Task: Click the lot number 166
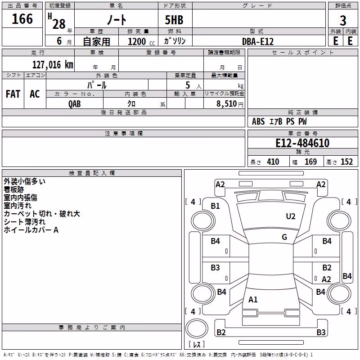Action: click(22, 19)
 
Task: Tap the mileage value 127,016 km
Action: click(53, 65)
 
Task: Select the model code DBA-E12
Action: click(258, 41)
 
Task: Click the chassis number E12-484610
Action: click(302, 143)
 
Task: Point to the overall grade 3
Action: click(343, 21)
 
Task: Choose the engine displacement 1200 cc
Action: click(141, 41)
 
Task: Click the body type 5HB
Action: click(174, 20)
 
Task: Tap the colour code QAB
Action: click(74, 104)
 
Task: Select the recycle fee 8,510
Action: click(227, 103)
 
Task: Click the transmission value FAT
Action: click(13, 94)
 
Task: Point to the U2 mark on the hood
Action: click(291, 216)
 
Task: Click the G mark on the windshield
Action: click(284, 237)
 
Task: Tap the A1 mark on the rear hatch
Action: click(253, 299)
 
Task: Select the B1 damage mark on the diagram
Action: click(215, 206)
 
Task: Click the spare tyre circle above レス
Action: click(197, 328)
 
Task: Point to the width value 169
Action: click(310, 162)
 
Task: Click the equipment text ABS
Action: click(258, 121)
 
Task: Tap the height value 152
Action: click(346, 162)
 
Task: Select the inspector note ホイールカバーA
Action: click(31, 230)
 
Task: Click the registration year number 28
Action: click(59, 24)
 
